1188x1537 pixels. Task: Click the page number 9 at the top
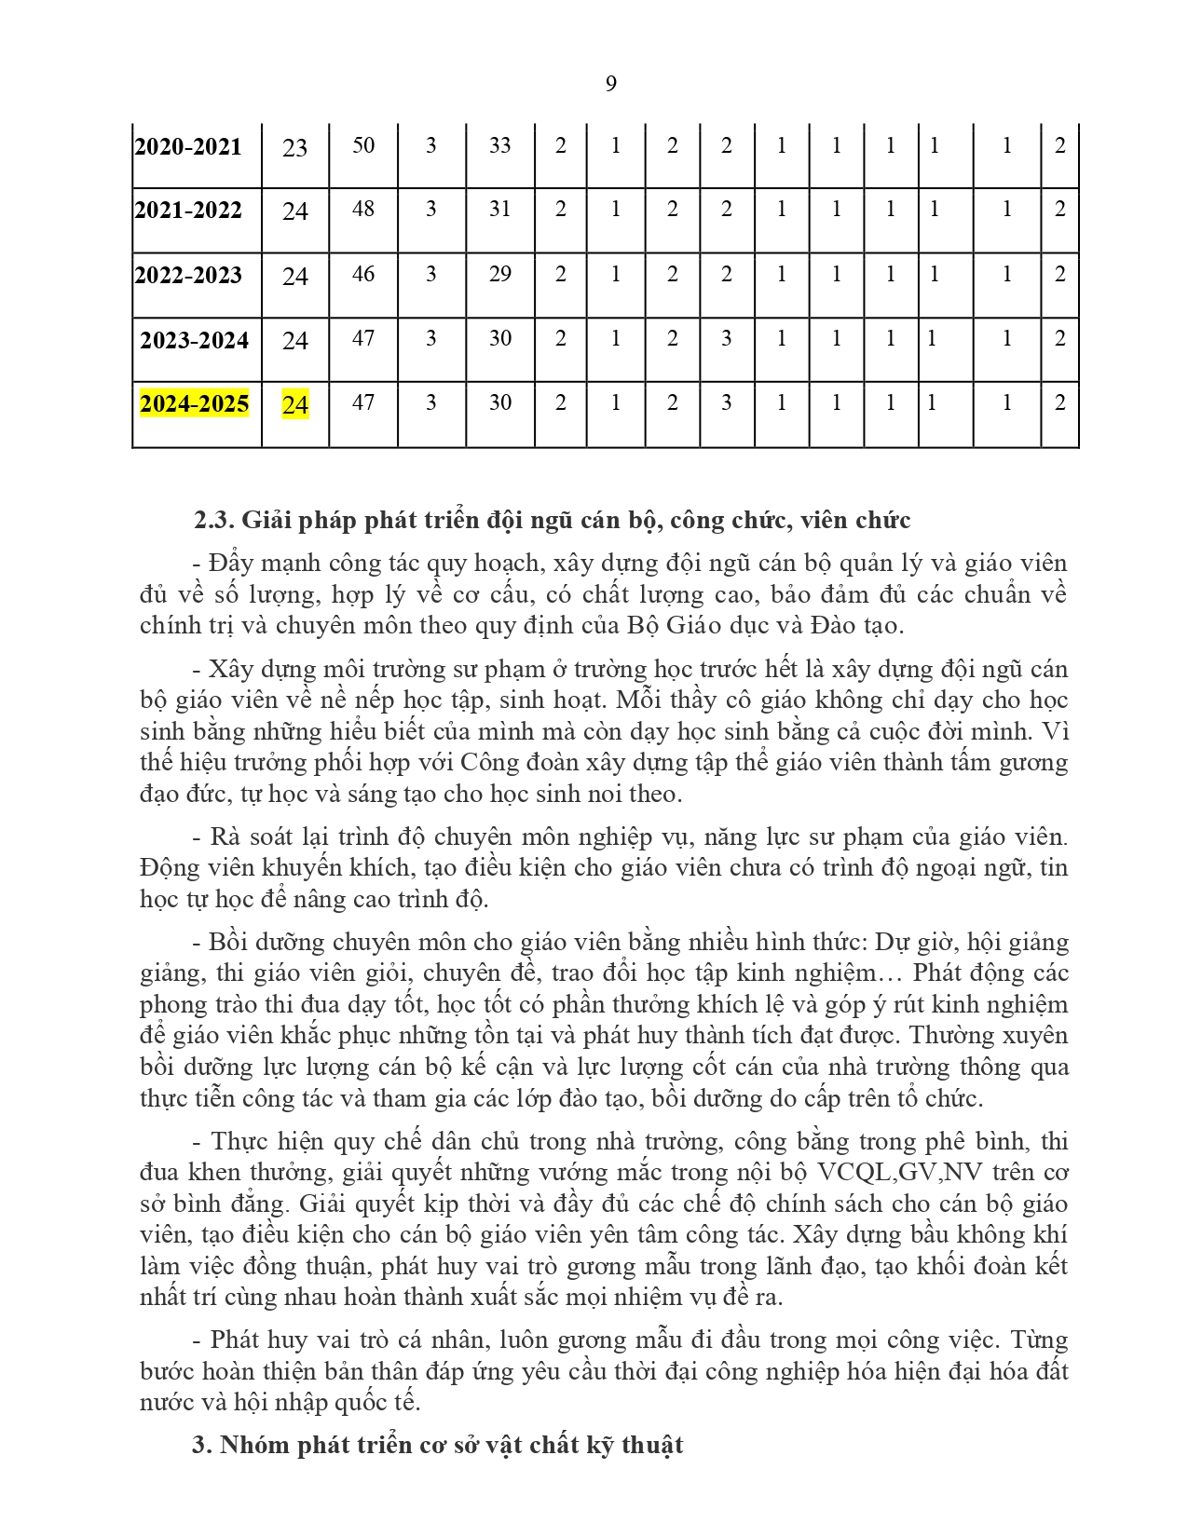coord(611,84)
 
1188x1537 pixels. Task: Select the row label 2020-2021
coord(188,147)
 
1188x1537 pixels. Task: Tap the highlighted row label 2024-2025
coord(195,404)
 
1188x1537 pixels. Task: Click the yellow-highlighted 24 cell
coord(295,405)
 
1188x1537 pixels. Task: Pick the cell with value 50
coord(363,145)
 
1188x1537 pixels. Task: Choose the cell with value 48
coord(363,209)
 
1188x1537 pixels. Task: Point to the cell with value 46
coord(363,274)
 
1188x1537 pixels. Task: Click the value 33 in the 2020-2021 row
coord(500,145)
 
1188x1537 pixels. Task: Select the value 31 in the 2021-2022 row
coord(500,209)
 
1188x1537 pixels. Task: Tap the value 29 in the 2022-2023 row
coord(500,274)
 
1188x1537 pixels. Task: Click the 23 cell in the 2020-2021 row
coord(295,148)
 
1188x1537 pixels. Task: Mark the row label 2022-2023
coord(188,276)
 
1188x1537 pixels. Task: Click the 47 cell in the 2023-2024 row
coord(363,338)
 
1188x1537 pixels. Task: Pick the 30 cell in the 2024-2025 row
coord(500,402)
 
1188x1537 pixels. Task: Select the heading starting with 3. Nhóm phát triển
coord(438,1445)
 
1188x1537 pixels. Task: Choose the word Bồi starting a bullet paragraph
coord(228,942)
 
